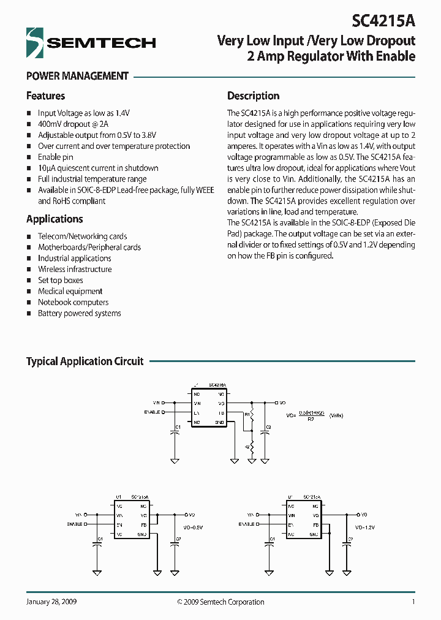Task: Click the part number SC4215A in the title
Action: click(x=383, y=21)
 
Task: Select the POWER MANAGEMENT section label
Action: click(x=77, y=76)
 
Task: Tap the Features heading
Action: click(x=45, y=96)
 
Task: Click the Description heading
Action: click(x=253, y=96)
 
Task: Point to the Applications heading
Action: click(x=55, y=219)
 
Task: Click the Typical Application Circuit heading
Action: click(x=85, y=361)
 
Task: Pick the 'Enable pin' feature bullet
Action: click(x=55, y=157)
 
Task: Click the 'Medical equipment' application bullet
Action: click(x=70, y=291)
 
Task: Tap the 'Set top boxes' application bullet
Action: click(x=60, y=280)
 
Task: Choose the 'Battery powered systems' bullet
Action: click(x=79, y=313)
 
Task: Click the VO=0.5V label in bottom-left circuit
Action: click(x=193, y=526)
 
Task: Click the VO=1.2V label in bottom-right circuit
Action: click(x=366, y=526)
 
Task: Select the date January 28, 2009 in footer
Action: click(x=51, y=602)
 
